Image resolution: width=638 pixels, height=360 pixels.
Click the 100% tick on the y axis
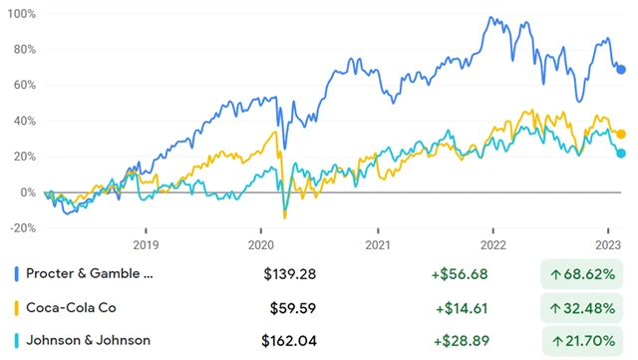(21, 16)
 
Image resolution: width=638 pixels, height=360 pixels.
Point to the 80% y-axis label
(23, 50)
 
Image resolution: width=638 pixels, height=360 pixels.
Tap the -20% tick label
(21, 227)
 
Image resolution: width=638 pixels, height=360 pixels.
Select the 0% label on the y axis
(27, 192)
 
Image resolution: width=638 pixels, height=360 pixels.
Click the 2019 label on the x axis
(146, 244)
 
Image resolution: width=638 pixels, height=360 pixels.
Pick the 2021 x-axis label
(377, 244)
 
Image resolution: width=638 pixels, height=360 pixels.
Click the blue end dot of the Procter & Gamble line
(621, 69)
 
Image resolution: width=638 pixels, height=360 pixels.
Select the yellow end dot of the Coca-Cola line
(621, 134)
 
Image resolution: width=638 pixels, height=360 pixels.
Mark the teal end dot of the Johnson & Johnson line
(621, 154)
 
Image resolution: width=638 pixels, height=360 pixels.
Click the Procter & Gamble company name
(91, 272)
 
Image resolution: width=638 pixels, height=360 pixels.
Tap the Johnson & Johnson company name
(88, 340)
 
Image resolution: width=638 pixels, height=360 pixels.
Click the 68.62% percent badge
(583, 272)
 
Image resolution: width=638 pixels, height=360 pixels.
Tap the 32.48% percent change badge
(583, 306)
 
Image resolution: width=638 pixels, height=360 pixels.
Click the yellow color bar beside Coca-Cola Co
(15, 306)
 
